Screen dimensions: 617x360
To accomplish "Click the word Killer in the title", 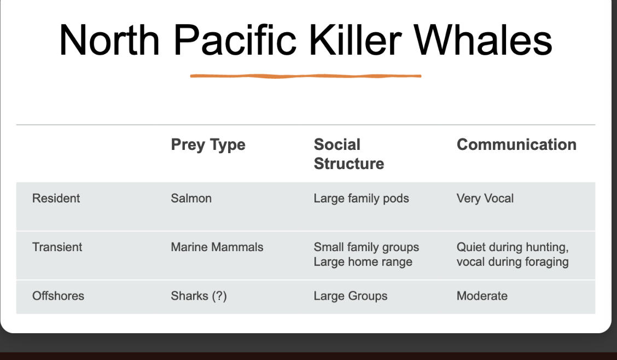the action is [x=356, y=40].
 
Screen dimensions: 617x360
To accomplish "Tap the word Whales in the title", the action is [x=483, y=40].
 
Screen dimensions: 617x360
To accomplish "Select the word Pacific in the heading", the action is [x=235, y=40].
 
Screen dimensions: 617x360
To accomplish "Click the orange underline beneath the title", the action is [x=306, y=76].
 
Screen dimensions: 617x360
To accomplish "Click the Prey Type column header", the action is [x=208, y=145].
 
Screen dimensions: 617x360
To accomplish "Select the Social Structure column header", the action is [x=349, y=154].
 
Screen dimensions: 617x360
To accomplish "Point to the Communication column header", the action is [x=517, y=144].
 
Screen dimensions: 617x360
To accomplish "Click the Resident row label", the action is [x=56, y=198].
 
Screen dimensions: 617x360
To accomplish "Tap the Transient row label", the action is [x=57, y=247].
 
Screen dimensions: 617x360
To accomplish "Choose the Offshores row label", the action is [x=58, y=296].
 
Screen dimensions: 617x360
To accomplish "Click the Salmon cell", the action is [x=191, y=198].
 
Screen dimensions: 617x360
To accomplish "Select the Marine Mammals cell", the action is [x=217, y=247].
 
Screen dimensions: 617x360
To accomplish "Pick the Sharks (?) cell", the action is [x=199, y=297].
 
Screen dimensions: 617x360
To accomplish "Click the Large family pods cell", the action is [x=361, y=199].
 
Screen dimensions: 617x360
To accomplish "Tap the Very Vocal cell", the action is [x=485, y=199].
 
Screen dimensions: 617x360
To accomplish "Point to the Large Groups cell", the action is [x=351, y=297].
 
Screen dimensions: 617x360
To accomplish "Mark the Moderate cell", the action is [x=482, y=296].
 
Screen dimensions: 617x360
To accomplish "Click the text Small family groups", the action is [x=366, y=247].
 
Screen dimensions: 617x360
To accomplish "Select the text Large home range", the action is [x=363, y=262].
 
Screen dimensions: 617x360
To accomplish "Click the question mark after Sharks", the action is [x=219, y=296].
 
